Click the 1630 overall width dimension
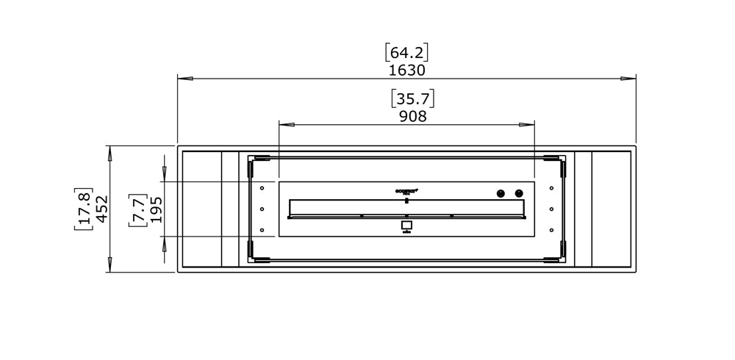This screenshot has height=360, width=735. (406, 71)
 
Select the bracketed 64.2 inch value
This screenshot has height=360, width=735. (406, 53)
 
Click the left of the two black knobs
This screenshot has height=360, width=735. (501, 193)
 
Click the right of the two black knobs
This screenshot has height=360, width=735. (519, 193)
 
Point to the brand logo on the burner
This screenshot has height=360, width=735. (406, 190)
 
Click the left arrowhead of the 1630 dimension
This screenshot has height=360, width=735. (184, 78)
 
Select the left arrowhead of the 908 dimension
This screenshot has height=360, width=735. (286, 125)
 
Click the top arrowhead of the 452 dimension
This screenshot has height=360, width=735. (110, 153)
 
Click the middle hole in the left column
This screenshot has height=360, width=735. (262, 209)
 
